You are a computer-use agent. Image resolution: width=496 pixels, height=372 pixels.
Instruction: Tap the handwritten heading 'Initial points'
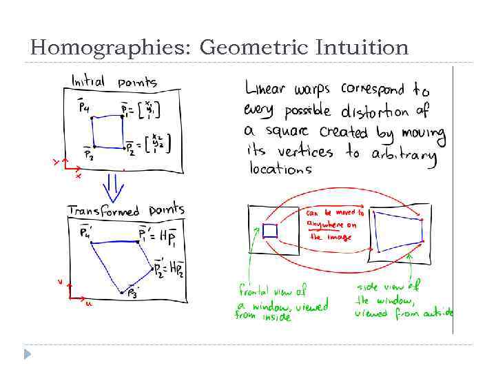[114, 82]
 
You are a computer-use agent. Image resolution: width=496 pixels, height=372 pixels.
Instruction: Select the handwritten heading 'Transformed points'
[126, 210]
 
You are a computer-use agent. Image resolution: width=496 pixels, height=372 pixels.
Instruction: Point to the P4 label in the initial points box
[83, 107]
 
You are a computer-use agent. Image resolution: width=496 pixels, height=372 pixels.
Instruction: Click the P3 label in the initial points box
[89, 155]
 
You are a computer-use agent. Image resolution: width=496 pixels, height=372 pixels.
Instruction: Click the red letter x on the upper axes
[78, 176]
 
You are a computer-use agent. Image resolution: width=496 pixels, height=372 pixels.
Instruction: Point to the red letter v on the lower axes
[60, 281]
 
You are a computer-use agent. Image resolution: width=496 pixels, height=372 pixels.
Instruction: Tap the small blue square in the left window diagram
[269, 230]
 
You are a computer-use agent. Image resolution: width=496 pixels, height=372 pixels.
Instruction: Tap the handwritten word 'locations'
[278, 169]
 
